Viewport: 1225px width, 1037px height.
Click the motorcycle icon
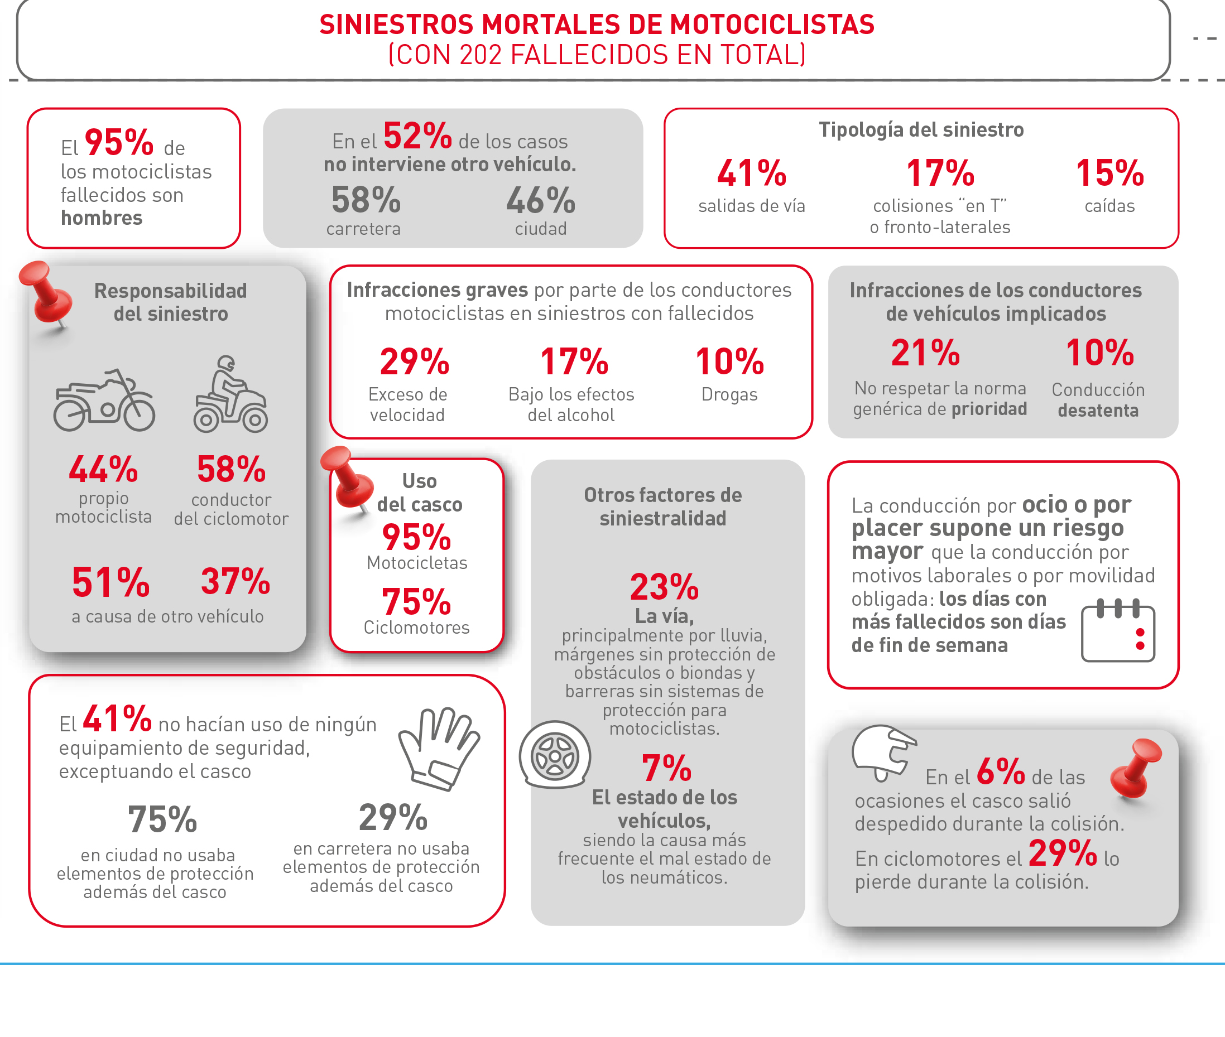click(x=104, y=401)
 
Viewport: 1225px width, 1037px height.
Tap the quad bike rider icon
click(x=230, y=394)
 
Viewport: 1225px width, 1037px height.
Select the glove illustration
click(x=439, y=749)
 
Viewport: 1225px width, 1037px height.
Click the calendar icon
click(x=1117, y=631)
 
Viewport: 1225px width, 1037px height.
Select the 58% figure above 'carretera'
click(x=366, y=200)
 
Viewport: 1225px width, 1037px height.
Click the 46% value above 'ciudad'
click(x=540, y=200)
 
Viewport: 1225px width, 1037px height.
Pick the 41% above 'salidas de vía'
click(x=751, y=173)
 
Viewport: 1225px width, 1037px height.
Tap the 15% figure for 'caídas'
click(x=1109, y=173)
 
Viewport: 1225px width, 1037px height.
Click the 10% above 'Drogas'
click(x=729, y=361)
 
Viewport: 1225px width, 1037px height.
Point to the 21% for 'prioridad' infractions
click(x=925, y=353)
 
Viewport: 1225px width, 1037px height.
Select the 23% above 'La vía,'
click(x=664, y=587)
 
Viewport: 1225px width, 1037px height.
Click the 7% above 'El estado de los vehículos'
click(x=666, y=768)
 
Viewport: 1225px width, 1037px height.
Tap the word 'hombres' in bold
click(x=102, y=218)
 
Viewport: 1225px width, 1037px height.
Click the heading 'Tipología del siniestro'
click(x=921, y=130)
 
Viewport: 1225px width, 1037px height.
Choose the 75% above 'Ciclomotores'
click(x=416, y=602)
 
